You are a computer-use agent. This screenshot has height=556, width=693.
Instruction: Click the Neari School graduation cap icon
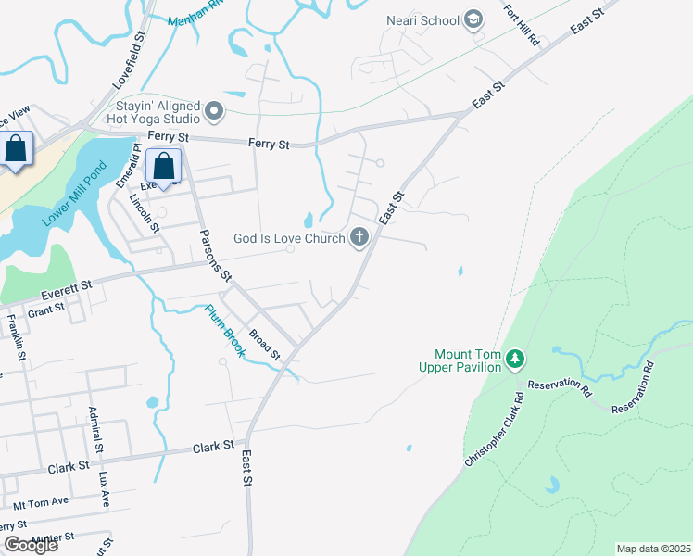473,19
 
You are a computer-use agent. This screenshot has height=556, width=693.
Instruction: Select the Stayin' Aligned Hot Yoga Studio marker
215,113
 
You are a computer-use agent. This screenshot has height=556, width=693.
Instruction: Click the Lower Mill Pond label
74,196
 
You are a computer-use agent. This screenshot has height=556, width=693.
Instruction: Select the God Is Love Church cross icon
359,238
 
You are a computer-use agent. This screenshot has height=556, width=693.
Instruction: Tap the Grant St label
45,309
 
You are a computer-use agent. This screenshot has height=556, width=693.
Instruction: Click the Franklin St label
14,337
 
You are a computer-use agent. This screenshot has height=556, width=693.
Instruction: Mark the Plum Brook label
223,333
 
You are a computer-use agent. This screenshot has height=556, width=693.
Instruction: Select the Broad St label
265,343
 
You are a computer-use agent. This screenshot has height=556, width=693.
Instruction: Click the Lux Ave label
104,488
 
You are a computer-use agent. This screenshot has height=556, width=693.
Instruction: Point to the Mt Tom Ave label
41,503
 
